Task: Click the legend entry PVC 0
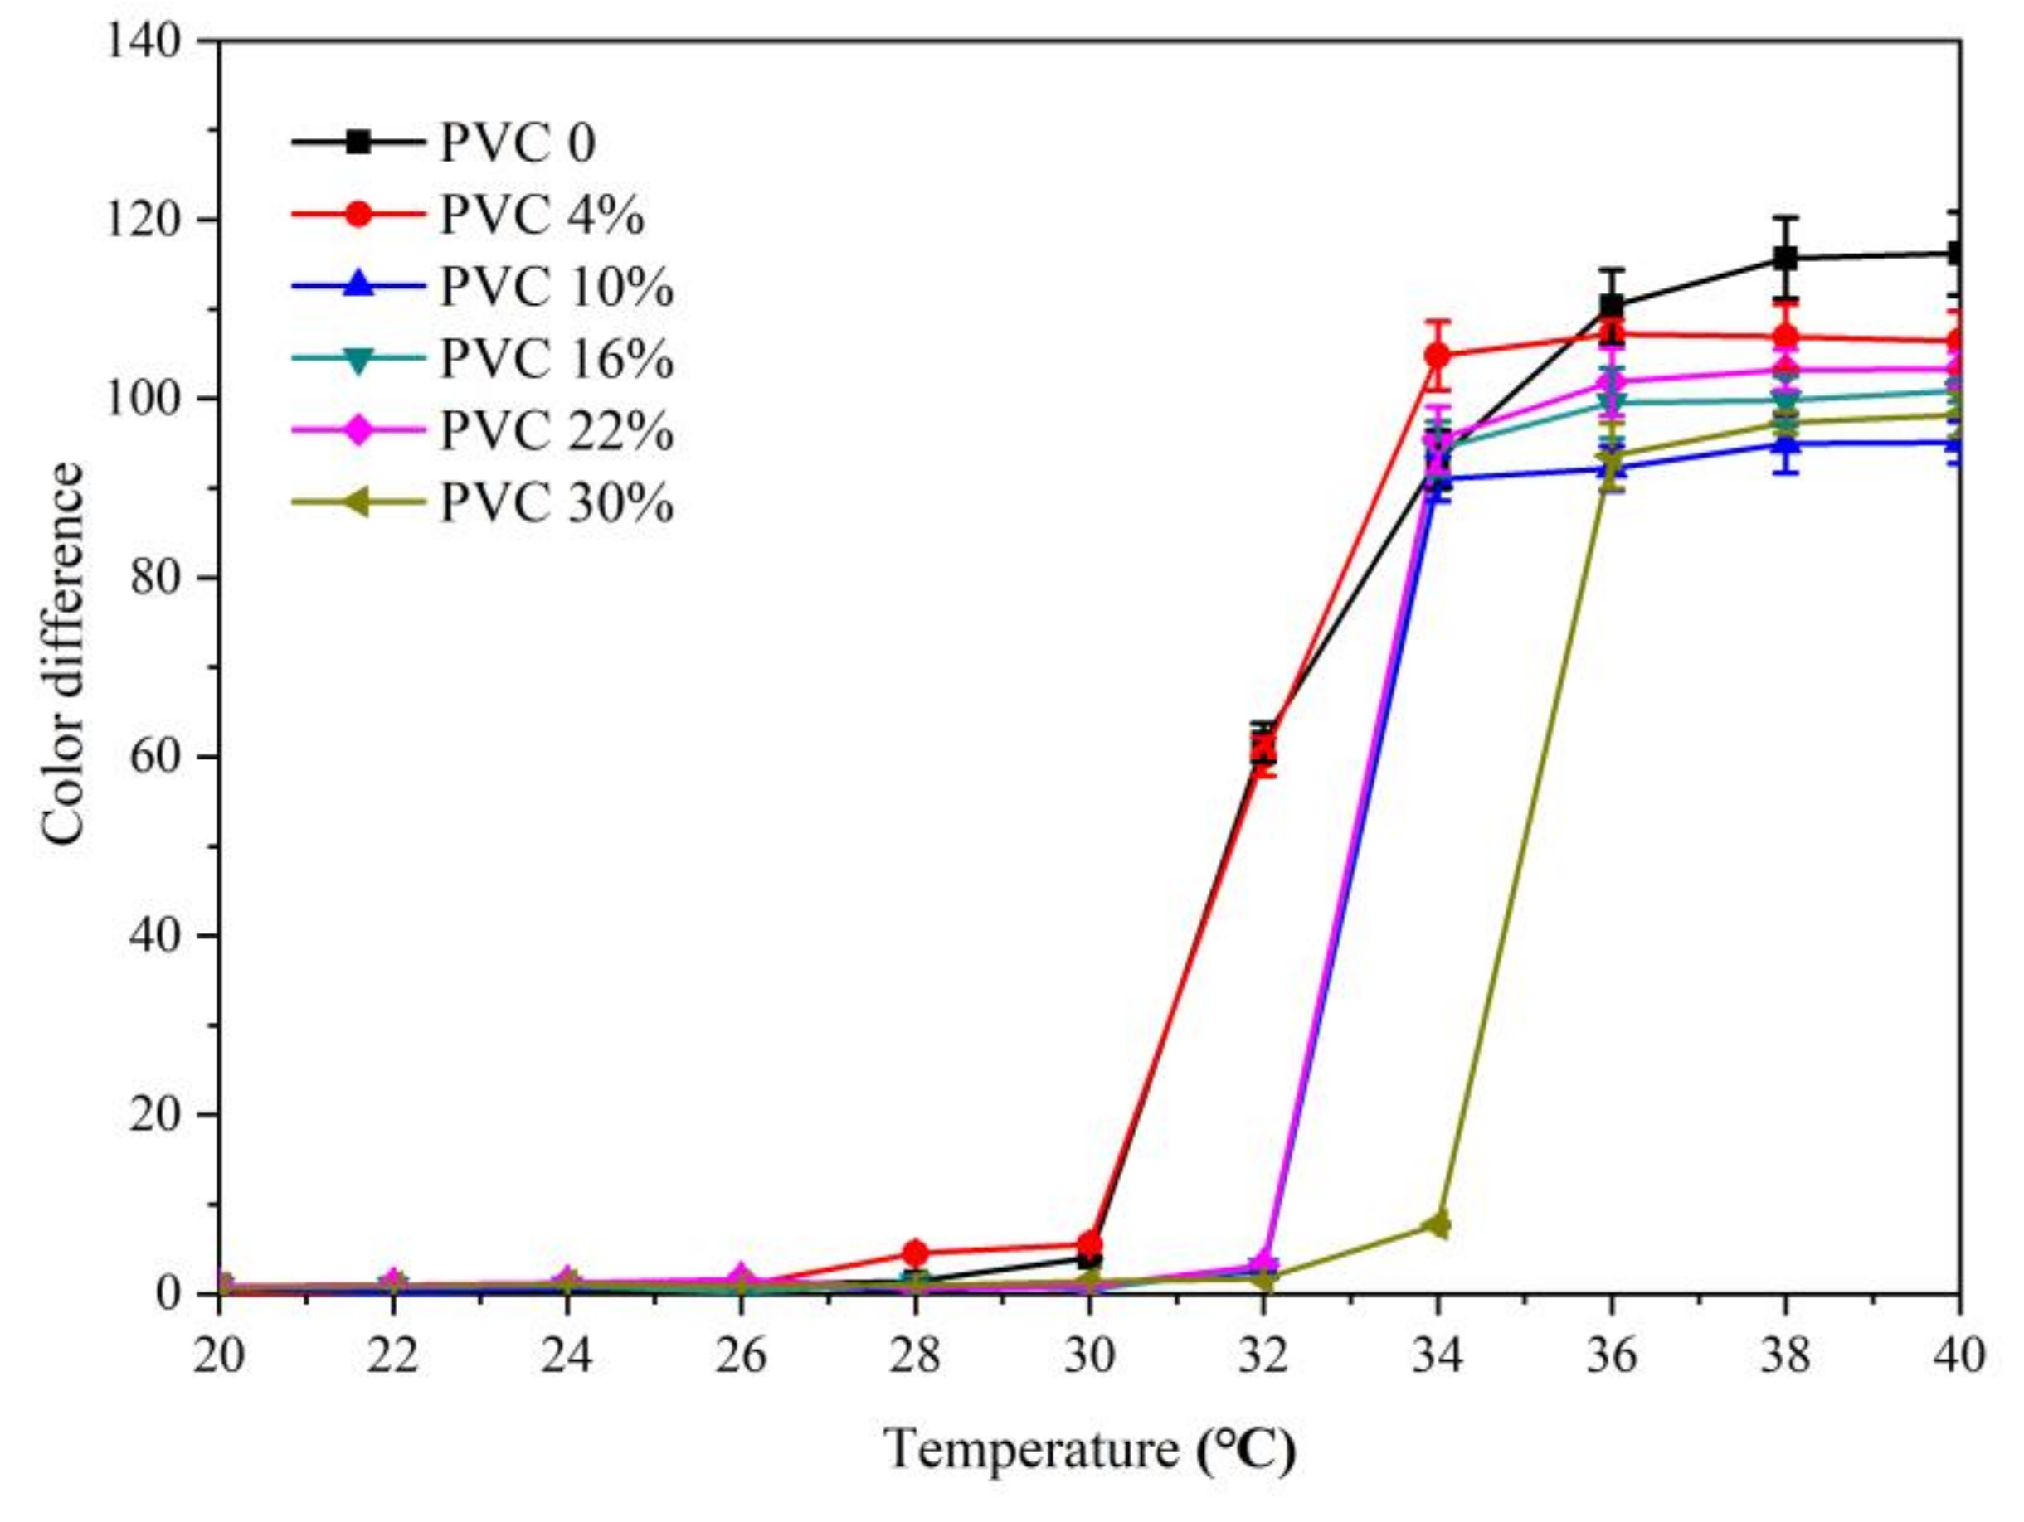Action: coord(518,143)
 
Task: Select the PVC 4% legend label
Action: coord(542,216)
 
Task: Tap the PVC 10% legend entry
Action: coord(557,288)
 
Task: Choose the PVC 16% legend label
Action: coord(557,360)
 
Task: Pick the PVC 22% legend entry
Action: coord(557,432)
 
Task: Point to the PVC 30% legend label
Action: coord(557,504)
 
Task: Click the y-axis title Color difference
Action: coord(62,654)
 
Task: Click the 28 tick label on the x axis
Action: coord(915,1355)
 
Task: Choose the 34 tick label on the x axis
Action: coord(1438,1355)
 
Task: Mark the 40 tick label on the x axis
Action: coord(1959,1355)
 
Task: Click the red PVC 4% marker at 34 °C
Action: coord(1438,355)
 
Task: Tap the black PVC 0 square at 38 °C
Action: coord(1785,259)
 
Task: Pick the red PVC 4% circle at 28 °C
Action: coord(915,1253)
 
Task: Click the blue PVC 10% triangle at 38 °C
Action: coord(1785,444)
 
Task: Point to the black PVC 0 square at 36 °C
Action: coord(1612,308)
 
